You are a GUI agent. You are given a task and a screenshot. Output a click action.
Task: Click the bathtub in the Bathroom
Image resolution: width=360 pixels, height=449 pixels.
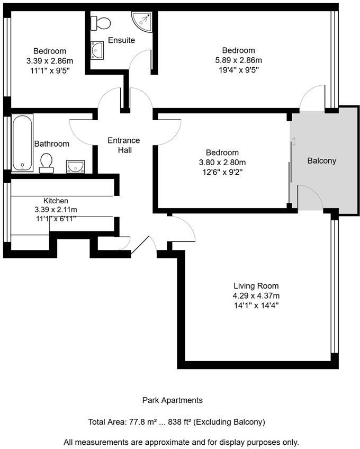[22, 143]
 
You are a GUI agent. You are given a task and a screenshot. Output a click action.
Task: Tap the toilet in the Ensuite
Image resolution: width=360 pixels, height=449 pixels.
[101, 23]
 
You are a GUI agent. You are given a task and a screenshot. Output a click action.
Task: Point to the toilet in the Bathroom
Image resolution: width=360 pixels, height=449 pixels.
[47, 163]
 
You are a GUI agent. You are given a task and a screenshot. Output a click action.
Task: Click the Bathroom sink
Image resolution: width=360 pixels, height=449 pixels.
[75, 167]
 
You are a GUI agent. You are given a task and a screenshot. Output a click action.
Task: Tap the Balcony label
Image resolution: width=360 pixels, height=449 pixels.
[321, 161]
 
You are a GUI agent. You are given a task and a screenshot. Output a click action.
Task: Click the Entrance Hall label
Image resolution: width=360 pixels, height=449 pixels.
[123, 145]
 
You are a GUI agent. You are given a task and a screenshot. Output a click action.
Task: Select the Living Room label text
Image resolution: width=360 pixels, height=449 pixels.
[256, 286]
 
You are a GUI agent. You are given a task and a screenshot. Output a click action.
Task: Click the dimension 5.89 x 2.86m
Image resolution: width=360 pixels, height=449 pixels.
[238, 60]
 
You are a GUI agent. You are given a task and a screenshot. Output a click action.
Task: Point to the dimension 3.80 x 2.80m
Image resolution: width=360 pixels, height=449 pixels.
[222, 162]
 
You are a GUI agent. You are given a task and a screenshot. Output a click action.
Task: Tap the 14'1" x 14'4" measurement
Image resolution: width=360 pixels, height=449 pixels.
[256, 306]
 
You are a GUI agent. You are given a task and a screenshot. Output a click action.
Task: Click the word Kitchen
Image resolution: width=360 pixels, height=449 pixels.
[56, 201]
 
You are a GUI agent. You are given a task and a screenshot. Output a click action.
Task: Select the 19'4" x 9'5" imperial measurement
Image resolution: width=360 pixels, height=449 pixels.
[238, 69]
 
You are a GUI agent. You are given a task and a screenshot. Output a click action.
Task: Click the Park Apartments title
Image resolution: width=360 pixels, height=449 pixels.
[173, 400]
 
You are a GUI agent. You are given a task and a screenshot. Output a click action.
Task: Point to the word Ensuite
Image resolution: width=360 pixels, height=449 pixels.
[121, 40]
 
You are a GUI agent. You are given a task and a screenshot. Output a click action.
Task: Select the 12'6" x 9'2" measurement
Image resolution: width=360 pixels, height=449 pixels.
[222, 172]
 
